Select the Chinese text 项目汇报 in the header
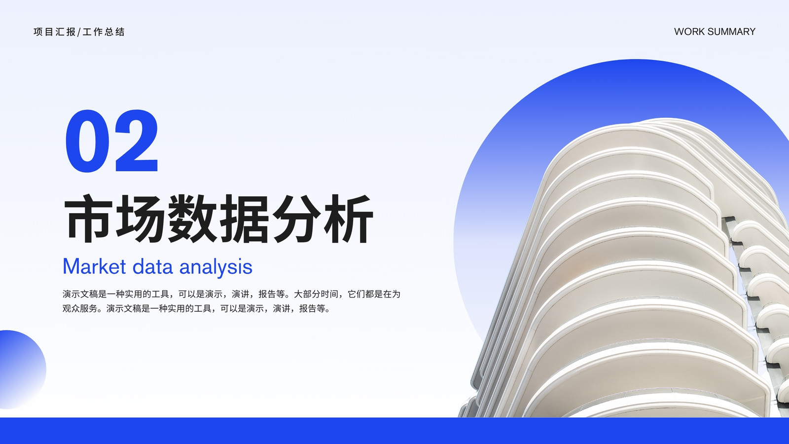tap(55, 32)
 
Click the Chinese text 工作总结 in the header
tap(104, 32)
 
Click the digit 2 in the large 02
tap(136, 141)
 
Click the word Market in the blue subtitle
tap(94, 266)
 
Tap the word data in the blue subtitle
tap(152, 266)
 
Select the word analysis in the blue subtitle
tap(216, 267)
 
